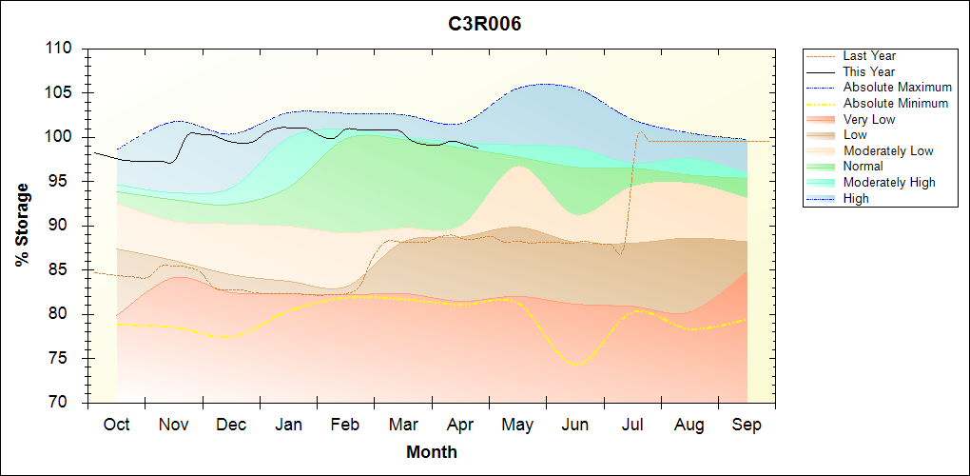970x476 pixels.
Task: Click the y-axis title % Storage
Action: [22, 230]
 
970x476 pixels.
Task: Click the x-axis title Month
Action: [432, 452]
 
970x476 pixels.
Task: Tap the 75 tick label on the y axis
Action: [67, 359]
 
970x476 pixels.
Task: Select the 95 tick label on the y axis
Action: [67, 182]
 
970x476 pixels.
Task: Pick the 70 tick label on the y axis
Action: [67, 403]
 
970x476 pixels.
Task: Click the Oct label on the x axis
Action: [116, 425]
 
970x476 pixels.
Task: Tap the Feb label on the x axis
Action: [345, 425]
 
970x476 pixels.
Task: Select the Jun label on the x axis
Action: [574, 425]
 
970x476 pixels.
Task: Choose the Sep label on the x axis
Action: [747, 425]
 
